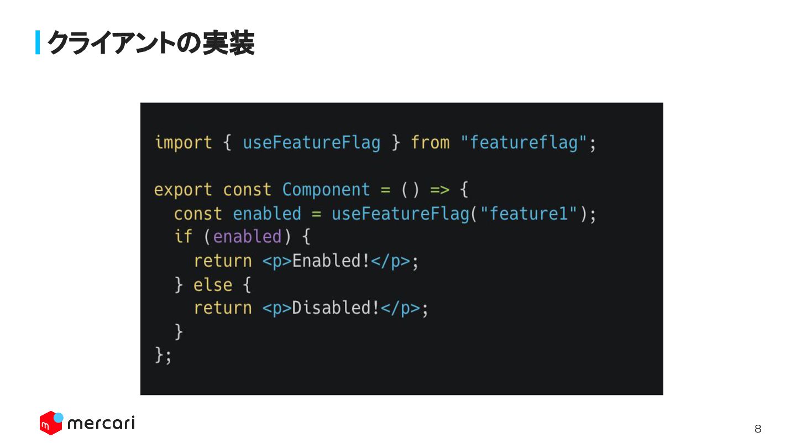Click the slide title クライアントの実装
coord(150,43)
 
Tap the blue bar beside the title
coord(38,43)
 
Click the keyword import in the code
coord(183,143)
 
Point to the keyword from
coord(430,143)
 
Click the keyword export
coord(183,190)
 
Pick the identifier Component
coord(326,190)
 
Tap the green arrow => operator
coord(439,190)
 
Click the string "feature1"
coord(529,213)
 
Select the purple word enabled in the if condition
coord(247,237)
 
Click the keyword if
coord(183,237)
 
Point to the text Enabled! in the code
coord(331,261)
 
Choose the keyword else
coord(213,285)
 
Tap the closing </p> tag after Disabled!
coord(400,308)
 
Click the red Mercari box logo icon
coord(50,423)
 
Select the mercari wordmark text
coord(101,424)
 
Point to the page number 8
coord(758,429)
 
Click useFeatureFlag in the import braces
coord(312,143)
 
